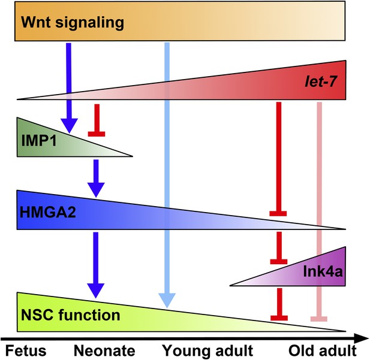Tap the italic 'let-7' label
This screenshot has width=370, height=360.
point(320,82)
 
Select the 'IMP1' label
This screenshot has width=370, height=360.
point(39,141)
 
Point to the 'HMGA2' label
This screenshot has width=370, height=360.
point(47,212)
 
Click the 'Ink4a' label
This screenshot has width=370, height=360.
point(323,271)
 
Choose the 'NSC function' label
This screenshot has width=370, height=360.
point(71,315)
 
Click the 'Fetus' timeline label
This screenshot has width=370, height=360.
point(26,350)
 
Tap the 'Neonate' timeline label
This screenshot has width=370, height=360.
point(104,350)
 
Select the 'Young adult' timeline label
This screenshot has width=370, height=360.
point(208,351)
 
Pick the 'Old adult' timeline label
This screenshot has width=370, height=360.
point(323,350)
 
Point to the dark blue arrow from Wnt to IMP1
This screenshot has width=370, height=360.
point(69,88)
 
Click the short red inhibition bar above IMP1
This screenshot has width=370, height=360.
point(97,120)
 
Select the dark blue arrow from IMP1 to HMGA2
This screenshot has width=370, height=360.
point(96,179)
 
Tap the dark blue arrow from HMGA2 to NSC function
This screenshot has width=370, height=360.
point(96,265)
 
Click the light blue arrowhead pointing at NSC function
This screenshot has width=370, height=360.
point(167,300)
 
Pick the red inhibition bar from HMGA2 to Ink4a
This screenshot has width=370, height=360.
point(279,248)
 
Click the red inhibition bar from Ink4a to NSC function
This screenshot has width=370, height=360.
point(279,304)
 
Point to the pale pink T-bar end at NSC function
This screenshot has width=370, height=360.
point(319,319)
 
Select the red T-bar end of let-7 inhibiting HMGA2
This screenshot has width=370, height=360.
point(278,214)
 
